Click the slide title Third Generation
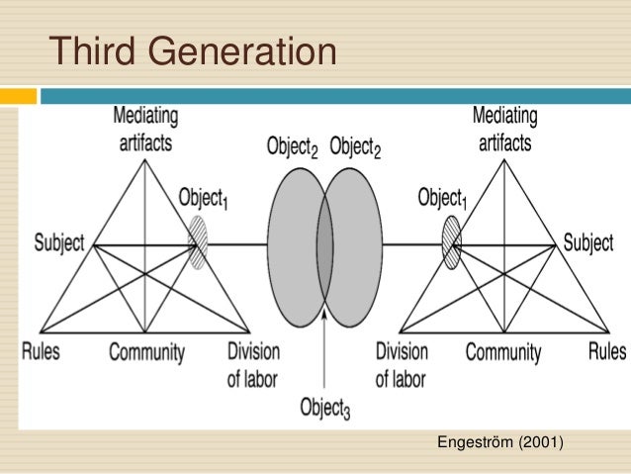(x=193, y=50)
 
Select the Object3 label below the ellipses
(x=325, y=407)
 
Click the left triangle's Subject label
(x=58, y=242)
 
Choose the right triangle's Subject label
(x=588, y=242)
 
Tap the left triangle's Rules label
(x=41, y=350)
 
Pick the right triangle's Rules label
(x=606, y=350)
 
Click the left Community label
(x=146, y=351)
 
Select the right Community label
(x=503, y=351)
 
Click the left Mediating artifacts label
(x=145, y=129)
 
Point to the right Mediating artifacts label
(x=504, y=129)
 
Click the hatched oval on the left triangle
(x=198, y=243)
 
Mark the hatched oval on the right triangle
(x=451, y=242)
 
